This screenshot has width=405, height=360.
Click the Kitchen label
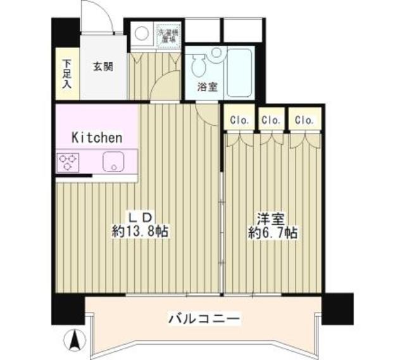pos(96,137)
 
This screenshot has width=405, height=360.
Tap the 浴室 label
pos(208,88)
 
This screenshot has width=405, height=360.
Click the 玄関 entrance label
pos(104,66)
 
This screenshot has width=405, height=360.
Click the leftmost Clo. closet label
pos(239,120)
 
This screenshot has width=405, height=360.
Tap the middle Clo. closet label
pos(271,120)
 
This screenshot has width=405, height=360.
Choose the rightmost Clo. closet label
pos(304,120)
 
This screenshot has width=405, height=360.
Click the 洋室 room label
pos(273,219)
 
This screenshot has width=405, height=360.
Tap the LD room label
pos(140,218)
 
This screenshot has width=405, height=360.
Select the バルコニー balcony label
pos(204,318)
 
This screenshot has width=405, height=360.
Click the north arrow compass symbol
pos(75,340)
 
